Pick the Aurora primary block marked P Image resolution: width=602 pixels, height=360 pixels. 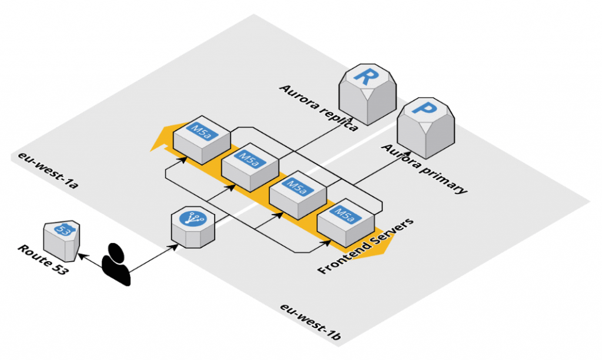pos(426,126)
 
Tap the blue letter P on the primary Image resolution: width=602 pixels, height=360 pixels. pos(423,109)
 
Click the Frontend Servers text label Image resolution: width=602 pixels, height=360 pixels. pos(365,246)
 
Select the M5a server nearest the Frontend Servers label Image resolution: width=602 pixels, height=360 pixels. pos(345,223)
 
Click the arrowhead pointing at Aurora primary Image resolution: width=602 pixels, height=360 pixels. pos(390,154)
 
